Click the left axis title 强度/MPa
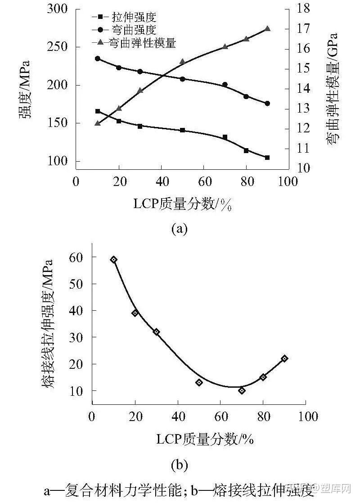25,88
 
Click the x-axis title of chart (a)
182,204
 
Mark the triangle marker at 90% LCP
267,28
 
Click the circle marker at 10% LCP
98,59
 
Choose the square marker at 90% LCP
267,158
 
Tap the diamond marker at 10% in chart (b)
114,259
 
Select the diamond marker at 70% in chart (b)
242,390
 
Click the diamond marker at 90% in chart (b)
284,358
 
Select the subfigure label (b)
179,463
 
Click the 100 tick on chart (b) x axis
306,416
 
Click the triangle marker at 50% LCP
182,62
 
